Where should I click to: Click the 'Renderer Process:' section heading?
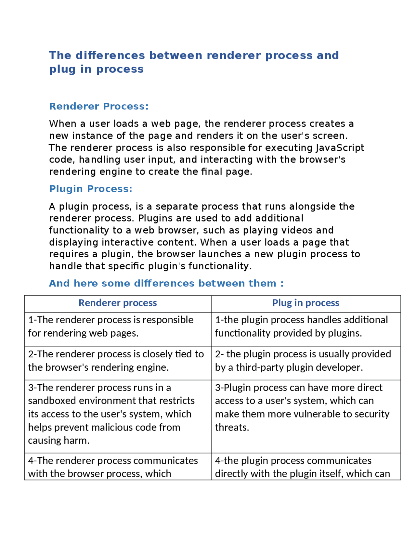(99, 106)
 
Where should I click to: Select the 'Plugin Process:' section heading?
(91, 189)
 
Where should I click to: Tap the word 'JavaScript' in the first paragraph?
(340, 148)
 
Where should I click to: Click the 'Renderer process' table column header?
(118, 303)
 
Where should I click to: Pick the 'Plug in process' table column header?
(305, 303)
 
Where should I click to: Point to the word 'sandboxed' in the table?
(52, 401)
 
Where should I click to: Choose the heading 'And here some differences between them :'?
(166, 283)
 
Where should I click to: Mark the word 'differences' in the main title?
(110, 55)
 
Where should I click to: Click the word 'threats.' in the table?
(232, 427)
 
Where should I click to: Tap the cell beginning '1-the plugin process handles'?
(301, 327)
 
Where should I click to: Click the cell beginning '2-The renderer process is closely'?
(116, 361)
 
